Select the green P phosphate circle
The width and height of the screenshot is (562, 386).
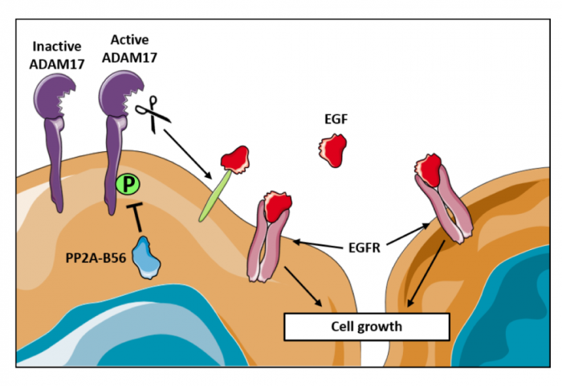[x=126, y=185]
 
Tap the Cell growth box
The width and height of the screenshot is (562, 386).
[x=366, y=326]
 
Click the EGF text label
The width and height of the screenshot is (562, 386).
[x=332, y=121]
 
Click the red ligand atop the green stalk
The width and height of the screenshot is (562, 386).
[x=234, y=159]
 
